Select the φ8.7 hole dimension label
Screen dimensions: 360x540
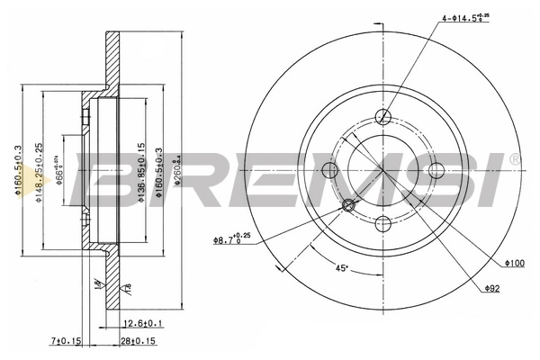point(231,239)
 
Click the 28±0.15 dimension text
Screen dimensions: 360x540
point(138,340)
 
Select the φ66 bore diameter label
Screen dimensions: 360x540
point(58,170)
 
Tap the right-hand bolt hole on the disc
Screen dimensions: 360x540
point(437,171)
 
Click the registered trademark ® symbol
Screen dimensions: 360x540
point(514,159)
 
